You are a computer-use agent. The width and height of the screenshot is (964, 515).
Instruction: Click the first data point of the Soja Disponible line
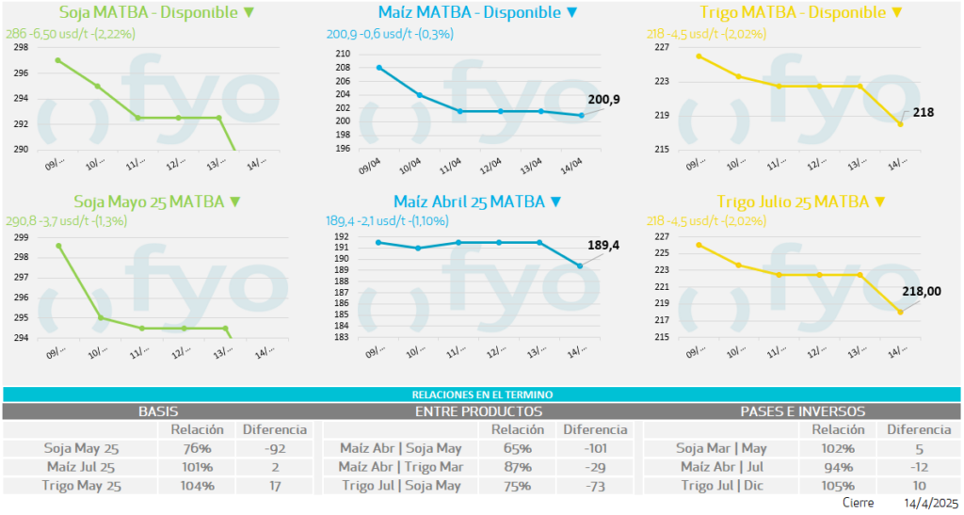click(x=58, y=60)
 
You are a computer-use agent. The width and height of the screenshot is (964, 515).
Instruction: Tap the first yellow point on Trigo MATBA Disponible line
click(x=699, y=56)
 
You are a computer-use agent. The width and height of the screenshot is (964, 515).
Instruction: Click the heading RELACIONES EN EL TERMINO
click(x=482, y=394)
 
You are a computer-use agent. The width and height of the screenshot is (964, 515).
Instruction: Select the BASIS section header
click(x=158, y=411)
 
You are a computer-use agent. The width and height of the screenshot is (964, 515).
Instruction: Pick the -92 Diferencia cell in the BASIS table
click(x=275, y=448)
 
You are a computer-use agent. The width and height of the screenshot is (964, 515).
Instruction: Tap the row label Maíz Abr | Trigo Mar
click(x=400, y=467)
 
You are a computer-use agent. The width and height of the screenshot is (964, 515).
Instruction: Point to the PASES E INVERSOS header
click(x=802, y=411)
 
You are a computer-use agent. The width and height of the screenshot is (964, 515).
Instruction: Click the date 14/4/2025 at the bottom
click(x=930, y=504)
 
